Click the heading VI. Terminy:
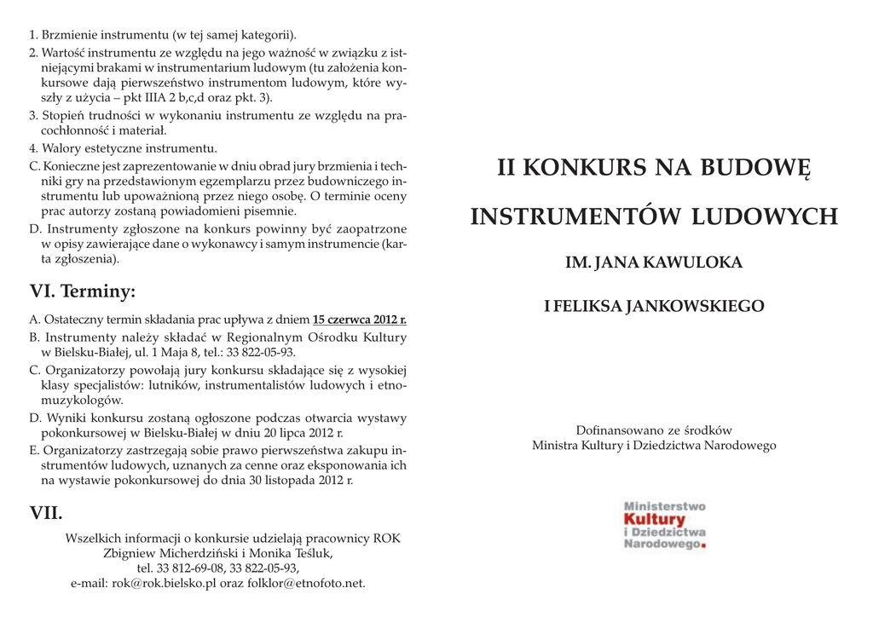click(x=82, y=292)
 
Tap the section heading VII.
click(x=46, y=513)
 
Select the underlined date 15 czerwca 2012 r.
click(x=360, y=320)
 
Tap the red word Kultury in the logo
click(x=654, y=519)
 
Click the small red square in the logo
click(x=703, y=545)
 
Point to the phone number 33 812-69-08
click(x=182, y=568)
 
